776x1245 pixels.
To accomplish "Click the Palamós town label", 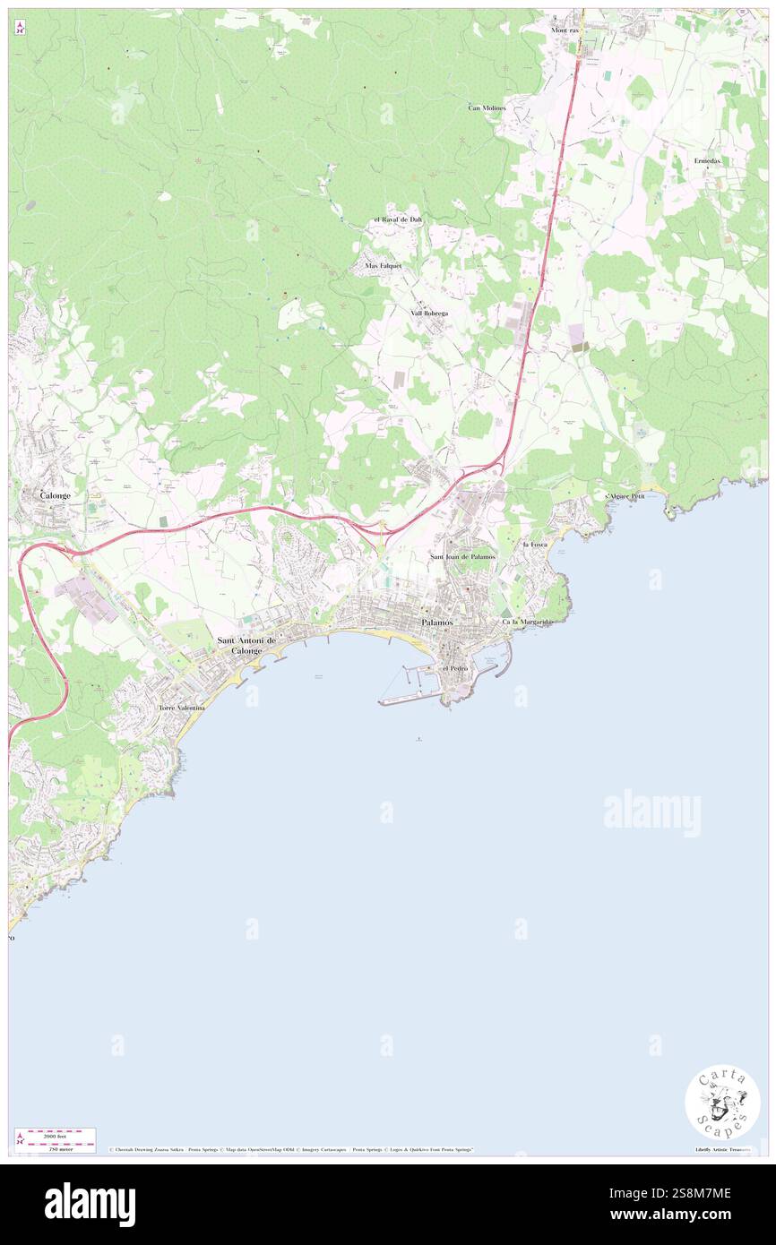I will point(437,622).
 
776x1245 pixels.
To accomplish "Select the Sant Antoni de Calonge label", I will point(246,645).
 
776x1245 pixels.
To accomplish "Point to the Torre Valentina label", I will point(182,708).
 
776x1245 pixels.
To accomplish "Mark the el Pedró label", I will point(454,668).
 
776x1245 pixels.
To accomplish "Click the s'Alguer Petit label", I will point(625,495).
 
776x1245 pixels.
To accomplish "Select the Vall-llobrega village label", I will point(429,313).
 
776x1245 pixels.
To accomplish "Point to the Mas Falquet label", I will point(384,266).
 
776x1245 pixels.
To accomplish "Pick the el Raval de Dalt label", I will point(397,219).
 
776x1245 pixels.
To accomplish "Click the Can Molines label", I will point(487,107).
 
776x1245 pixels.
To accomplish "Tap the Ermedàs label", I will point(707,160).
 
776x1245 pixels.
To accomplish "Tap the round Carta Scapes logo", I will point(722,1102).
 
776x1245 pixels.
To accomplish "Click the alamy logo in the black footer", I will point(90,1205).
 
